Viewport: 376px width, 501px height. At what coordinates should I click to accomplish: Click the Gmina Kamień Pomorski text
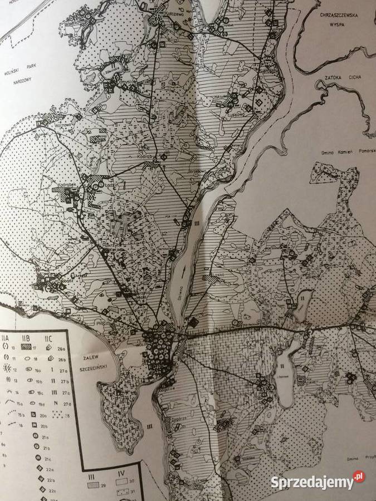(x=346, y=152)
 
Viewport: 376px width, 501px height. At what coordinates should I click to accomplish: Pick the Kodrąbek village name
(x=67, y=182)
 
